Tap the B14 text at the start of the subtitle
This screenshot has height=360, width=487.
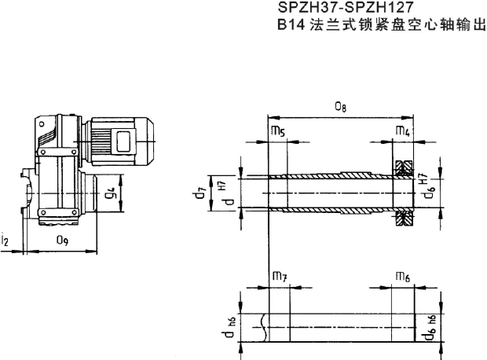(291, 24)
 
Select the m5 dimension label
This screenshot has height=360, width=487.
(277, 133)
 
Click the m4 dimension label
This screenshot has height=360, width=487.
(402, 133)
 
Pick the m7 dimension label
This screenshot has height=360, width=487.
(279, 276)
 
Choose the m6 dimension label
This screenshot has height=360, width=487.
(401, 276)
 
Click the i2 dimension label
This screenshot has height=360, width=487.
(5, 240)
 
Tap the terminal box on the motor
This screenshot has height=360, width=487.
(124, 142)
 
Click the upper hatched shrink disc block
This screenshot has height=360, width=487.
(405, 168)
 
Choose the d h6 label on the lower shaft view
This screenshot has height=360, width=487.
(225, 328)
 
